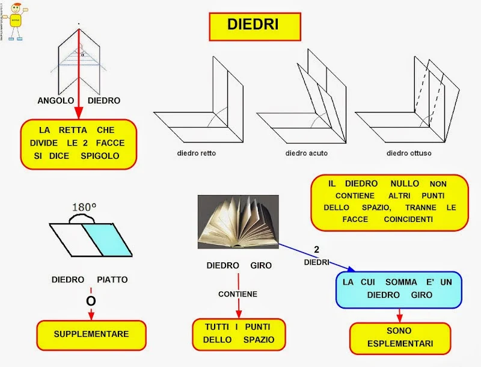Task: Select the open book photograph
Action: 237,221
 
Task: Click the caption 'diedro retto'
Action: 196,153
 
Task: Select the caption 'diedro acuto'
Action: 306,153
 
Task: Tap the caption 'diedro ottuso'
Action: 409,153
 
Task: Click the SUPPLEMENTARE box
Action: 91,333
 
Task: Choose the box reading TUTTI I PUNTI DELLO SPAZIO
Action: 238,333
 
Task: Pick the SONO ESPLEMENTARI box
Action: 400,339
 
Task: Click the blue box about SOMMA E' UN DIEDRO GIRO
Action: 397,288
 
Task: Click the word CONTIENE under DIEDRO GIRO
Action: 237,294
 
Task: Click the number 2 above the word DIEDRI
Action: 316,249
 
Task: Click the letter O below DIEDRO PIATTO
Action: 91,300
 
